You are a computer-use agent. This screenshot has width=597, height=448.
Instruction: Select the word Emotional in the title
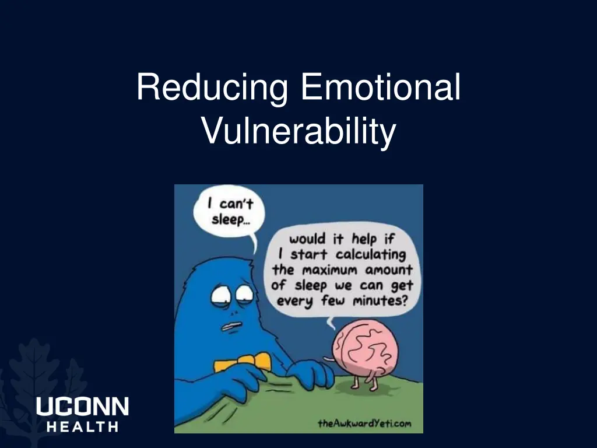381,87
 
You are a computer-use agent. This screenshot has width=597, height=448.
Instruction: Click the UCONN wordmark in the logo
82,407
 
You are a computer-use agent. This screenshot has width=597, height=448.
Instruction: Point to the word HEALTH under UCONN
82,426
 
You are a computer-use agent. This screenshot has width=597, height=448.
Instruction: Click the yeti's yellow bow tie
242,362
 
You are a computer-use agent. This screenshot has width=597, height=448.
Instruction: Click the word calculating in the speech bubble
370,255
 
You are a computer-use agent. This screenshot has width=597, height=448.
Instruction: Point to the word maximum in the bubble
329,270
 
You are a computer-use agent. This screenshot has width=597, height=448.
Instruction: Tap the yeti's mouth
232,325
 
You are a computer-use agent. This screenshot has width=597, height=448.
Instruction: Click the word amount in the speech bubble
389,270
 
